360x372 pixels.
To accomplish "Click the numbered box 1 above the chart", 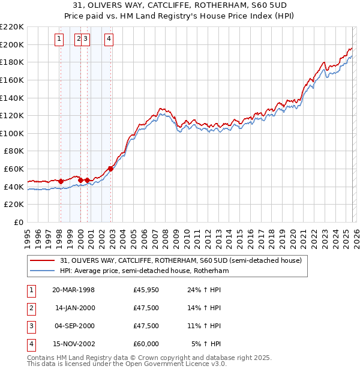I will [60, 40].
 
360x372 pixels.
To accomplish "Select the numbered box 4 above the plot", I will [109, 40].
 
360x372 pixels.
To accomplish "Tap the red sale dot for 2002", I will [110, 169].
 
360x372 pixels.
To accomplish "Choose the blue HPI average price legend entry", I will [144, 271].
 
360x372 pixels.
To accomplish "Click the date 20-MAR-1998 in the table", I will [73, 290].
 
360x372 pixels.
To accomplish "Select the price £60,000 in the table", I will [146, 344].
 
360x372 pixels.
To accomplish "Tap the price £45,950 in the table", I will [146, 290].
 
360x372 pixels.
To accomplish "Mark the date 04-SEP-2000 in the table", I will [74, 326].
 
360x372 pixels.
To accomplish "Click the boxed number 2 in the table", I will [29, 308].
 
